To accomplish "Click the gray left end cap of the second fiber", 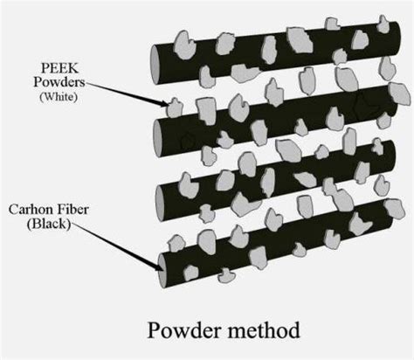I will pyautogui.click(x=159, y=133).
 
